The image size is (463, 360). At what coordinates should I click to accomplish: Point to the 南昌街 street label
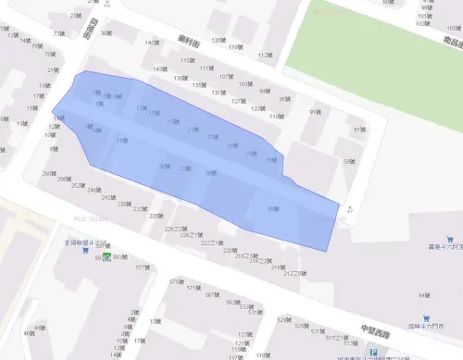click(451, 41)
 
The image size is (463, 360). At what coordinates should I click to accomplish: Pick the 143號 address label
click(160, 68)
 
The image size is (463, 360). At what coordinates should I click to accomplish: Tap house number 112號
click(265, 55)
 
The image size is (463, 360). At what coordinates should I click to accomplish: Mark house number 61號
click(359, 130)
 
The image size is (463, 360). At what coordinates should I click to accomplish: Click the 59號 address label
click(349, 162)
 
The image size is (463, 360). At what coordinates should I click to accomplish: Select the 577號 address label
click(142, 267)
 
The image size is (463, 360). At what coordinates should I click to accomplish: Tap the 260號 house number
click(48, 173)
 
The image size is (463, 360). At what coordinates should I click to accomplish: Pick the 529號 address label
click(283, 318)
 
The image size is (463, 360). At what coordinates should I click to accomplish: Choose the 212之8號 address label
click(295, 274)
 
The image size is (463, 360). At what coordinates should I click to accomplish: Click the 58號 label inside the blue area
click(272, 209)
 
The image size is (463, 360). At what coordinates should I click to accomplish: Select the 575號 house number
click(175, 281)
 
